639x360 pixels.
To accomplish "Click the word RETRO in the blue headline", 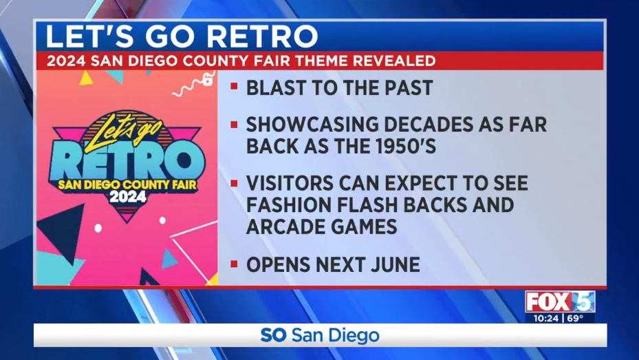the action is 262,36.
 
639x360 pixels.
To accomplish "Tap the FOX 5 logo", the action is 560,301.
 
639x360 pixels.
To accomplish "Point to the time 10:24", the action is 545,318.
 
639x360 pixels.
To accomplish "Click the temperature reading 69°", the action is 575,318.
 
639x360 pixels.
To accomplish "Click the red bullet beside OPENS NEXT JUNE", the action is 234,264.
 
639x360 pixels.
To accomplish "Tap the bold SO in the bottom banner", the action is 274,335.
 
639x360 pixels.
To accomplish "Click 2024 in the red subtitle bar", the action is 66,61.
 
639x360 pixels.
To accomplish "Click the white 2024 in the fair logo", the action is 127,197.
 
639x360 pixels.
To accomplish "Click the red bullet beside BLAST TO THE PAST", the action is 234,86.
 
